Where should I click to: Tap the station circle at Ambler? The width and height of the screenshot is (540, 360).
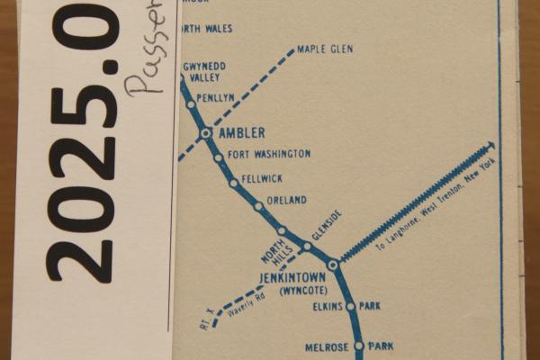[206, 133]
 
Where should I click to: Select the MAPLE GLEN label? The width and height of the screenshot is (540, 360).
[324, 49]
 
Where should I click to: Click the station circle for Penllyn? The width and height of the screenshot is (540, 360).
[191, 104]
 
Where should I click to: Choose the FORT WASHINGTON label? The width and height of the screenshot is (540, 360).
[269, 155]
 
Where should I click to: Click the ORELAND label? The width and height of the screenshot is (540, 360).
[287, 200]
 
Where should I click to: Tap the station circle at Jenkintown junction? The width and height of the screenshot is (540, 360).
[333, 265]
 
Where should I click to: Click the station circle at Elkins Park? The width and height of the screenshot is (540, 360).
[351, 306]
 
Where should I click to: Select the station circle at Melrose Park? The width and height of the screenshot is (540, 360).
[358, 346]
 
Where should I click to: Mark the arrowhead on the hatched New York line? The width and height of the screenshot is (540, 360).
[490, 144]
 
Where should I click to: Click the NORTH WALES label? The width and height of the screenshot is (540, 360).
[207, 29]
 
